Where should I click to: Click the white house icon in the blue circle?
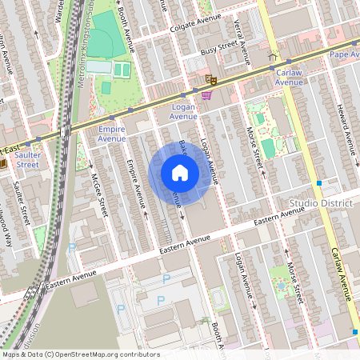point(180,173)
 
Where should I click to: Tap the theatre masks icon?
point(210,79)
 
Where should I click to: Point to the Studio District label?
point(321,203)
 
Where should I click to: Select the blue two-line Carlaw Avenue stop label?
point(289,77)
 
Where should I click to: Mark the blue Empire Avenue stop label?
point(112,134)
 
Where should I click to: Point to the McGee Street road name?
point(98,197)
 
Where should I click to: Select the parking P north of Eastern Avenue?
point(73,248)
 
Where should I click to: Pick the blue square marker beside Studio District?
point(318,183)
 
